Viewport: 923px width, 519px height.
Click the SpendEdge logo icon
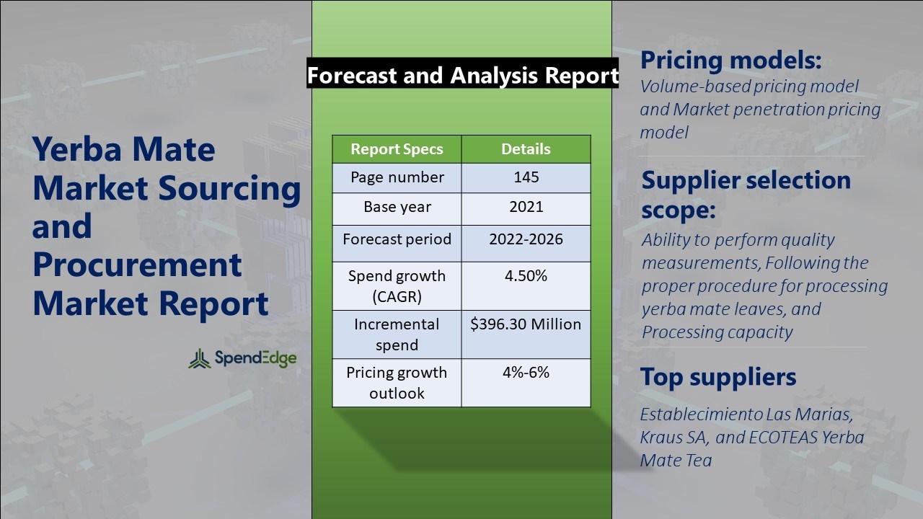200,358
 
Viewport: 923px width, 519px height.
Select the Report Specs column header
397,149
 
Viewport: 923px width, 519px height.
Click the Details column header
526,149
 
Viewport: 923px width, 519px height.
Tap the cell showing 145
526,177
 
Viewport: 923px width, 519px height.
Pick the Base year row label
397,207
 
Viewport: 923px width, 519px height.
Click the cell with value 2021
526,207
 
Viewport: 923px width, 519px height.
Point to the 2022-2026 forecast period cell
526,239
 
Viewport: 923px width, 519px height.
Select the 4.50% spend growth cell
526,276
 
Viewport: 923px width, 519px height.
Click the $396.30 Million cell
526,324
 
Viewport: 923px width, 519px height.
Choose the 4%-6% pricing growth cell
526,373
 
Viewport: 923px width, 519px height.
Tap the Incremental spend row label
397,334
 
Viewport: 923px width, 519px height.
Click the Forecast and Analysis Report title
462,75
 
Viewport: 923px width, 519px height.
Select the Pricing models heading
730,60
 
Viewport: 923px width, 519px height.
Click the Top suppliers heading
718,376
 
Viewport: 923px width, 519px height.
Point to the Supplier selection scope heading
746,195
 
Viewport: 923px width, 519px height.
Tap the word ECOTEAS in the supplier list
767,438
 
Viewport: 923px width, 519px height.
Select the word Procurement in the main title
137,265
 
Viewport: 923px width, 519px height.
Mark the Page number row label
397,177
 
